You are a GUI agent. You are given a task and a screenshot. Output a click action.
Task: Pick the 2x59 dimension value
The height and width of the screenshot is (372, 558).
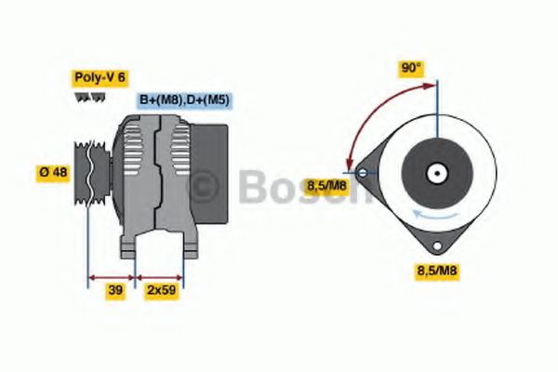161,290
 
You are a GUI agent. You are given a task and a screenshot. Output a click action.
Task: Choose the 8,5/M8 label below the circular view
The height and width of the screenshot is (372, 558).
436,271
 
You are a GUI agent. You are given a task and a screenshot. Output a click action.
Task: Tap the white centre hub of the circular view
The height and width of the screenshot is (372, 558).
435,173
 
